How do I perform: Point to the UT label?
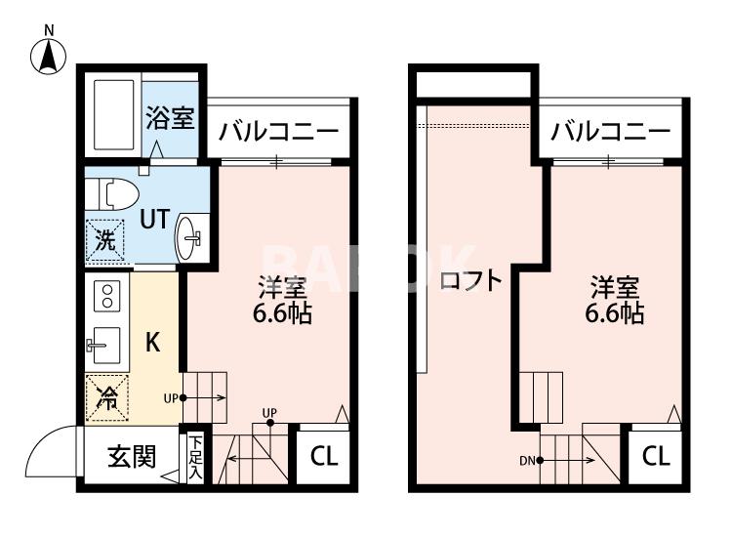154,220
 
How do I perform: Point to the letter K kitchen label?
153,344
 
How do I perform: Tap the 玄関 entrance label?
131,457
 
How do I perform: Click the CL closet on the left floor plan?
324,457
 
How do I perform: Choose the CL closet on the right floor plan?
655,457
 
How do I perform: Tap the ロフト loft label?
470,282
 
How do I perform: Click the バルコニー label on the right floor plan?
610,132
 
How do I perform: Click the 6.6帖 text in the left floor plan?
283,314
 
